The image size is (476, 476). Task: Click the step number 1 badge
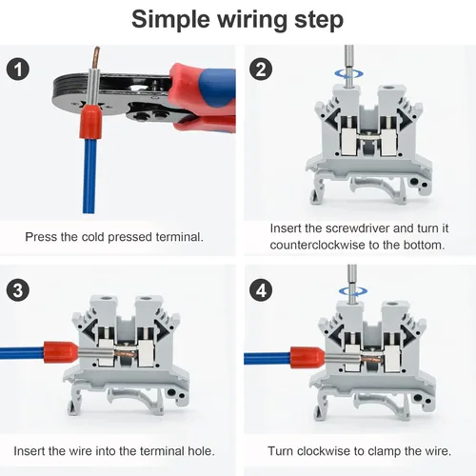pos(18,69)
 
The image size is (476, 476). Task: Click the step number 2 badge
pos(261,69)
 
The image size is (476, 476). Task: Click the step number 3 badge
pos(18,290)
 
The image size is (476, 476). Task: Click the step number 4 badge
pos(261,290)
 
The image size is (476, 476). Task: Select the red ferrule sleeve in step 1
pos(90,122)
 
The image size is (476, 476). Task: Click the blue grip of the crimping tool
pos(217,84)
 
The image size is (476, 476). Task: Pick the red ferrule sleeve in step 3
pos(60,352)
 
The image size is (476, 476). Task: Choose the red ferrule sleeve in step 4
pos(307,358)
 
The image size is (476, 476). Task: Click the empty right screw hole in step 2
pos(389,88)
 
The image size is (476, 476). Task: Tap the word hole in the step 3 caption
pos(201,451)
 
